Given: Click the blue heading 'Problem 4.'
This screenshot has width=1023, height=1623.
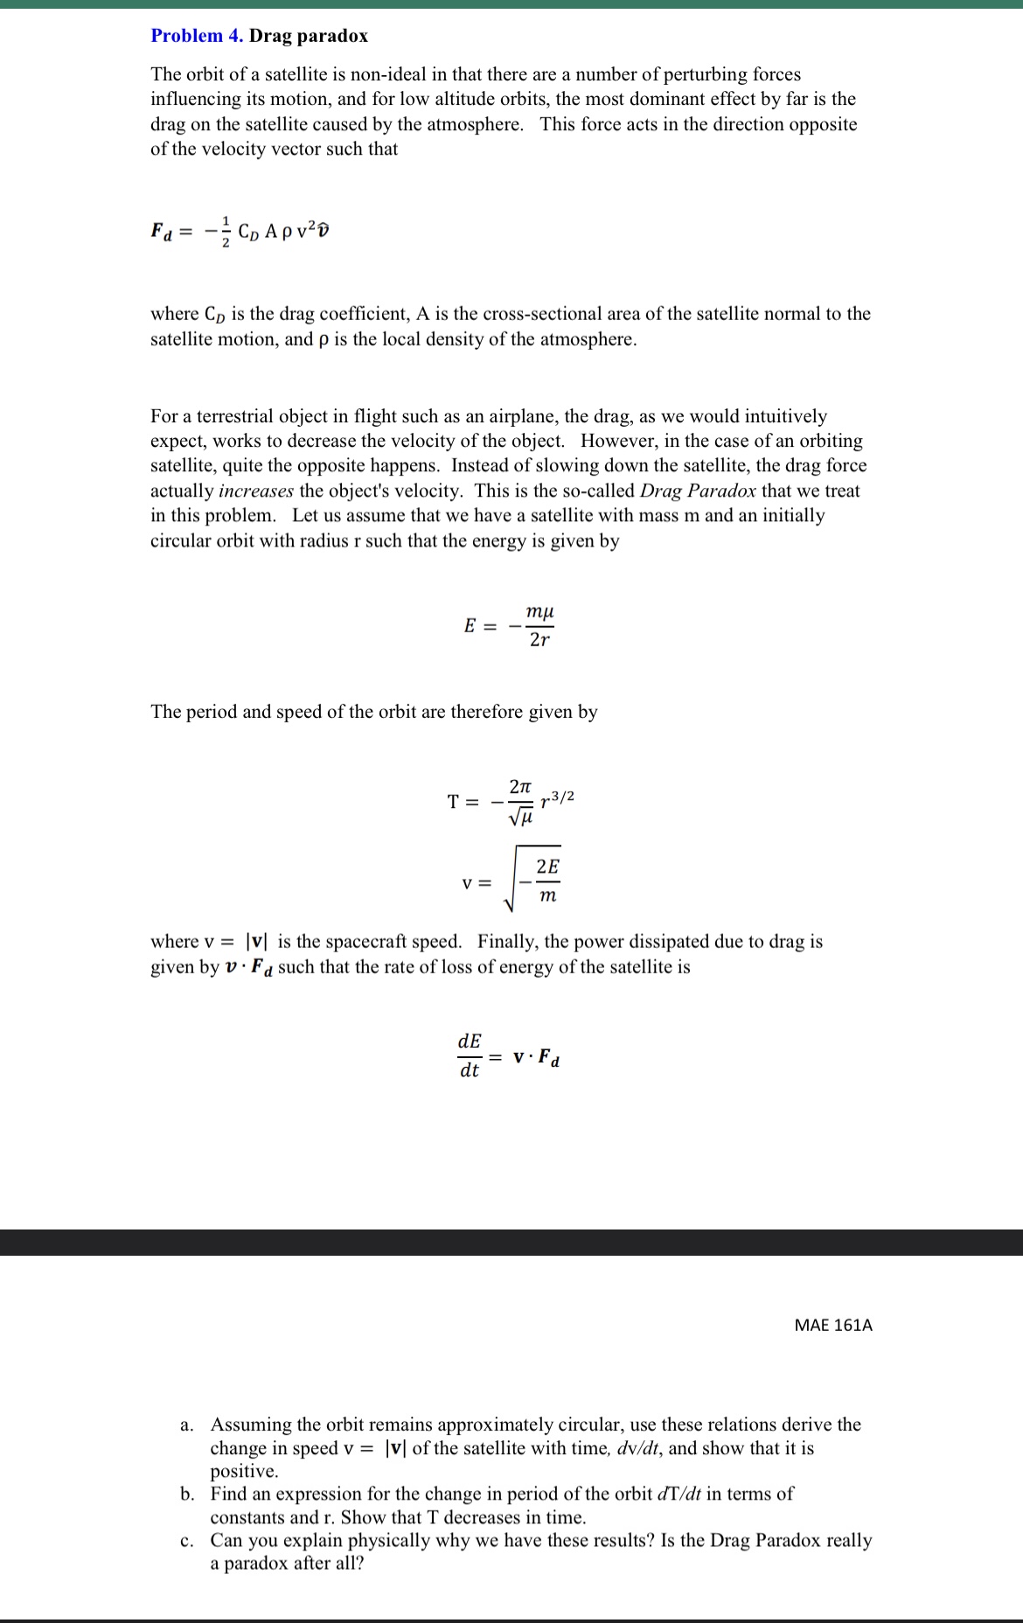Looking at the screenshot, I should coord(197,36).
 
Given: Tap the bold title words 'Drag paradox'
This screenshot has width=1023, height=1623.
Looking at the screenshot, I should coord(309,36).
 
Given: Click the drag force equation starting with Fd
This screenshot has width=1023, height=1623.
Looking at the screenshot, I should coord(241,232).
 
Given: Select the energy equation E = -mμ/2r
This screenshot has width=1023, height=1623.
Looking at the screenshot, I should coord(511,626).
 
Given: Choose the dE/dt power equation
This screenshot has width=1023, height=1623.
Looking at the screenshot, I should coord(510,1056).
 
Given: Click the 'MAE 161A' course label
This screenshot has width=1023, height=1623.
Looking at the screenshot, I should coord(832,1325).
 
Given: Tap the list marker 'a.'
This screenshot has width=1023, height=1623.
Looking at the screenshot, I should coord(187,1424).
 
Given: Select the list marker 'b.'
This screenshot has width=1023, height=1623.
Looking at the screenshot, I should coord(187,1494).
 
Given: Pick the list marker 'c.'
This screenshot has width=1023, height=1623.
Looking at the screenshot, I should coord(187,1540).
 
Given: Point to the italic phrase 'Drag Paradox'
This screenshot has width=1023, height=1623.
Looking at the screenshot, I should coord(698,491).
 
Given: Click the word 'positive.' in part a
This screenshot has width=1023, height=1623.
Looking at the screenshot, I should coord(244,1471).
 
